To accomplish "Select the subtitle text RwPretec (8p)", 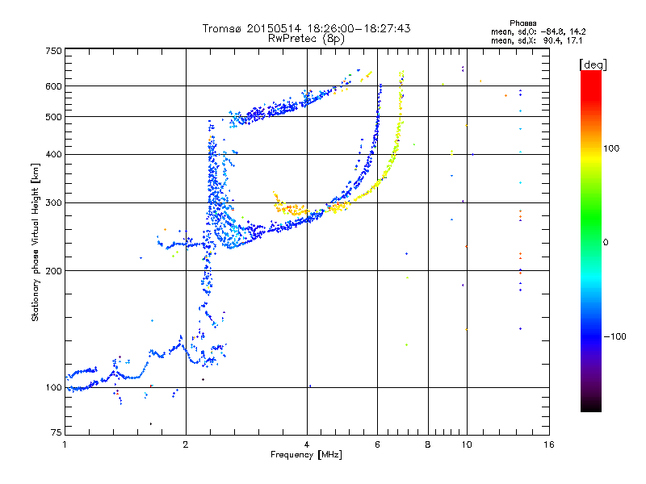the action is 306,39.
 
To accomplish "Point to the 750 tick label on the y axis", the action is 53,51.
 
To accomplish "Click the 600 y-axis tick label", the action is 53,86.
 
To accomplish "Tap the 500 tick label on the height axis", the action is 53,117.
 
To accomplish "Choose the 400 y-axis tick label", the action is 53,154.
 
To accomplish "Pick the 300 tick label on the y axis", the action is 53,202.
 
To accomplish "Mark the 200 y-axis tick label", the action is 53,271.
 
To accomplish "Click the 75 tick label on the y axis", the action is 57,432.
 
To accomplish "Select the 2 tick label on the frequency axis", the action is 186,444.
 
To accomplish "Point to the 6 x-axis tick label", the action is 377,444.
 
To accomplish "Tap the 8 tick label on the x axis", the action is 428,444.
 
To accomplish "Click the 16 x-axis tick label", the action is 549,444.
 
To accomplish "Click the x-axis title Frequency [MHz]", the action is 306,455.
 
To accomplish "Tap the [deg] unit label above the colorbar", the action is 593,65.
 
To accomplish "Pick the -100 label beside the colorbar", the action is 615,336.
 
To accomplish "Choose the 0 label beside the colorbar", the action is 605,243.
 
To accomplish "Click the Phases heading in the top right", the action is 522,23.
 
